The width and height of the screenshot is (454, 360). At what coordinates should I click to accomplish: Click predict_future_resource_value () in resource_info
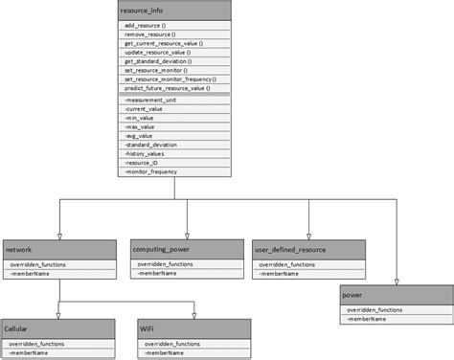[x=166, y=88]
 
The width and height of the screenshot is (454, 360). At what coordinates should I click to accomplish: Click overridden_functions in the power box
[x=375, y=309]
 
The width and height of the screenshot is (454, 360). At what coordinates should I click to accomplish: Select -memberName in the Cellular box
[x=29, y=353]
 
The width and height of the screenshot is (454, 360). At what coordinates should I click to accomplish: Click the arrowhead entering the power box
[x=396, y=281]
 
